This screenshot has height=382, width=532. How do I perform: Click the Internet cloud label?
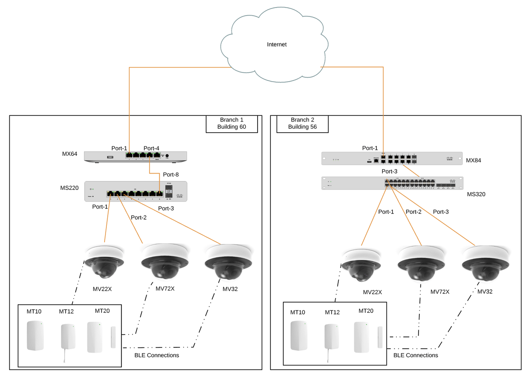point(277,44)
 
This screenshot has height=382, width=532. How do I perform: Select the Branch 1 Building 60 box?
point(231,123)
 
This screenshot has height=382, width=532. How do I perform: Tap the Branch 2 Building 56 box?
point(302,123)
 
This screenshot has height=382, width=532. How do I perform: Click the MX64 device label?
point(70,154)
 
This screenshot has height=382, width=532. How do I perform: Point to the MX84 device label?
point(473,159)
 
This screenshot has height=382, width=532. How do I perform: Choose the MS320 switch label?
point(476,194)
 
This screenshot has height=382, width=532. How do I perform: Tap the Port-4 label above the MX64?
point(152,148)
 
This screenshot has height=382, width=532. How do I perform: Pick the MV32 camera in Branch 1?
point(229,261)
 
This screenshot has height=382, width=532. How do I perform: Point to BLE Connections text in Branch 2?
point(415,355)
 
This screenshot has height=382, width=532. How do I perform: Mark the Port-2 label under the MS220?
point(138,217)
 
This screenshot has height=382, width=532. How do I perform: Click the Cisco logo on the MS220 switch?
point(179,195)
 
